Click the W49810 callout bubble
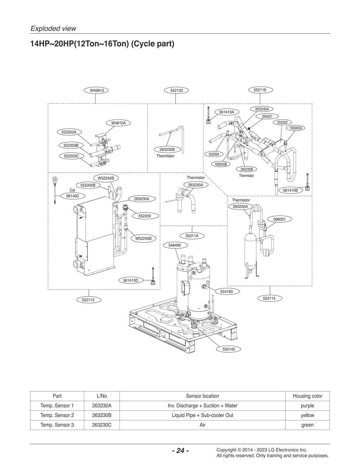(x=97, y=91)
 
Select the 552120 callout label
(x=177, y=91)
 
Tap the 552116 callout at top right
(x=260, y=90)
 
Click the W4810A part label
(x=118, y=123)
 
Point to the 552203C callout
(x=71, y=156)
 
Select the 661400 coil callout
(x=72, y=196)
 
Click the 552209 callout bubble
(x=145, y=216)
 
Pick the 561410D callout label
(x=131, y=280)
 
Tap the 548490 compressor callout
(x=175, y=245)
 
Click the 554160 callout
(x=227, y=292)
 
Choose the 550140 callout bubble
(x=229, y=349)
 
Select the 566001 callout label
(x=279, y=219)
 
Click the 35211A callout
(x=192, y=236)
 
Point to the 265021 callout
(x=267, y=117)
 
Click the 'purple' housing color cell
(x=307, y=406)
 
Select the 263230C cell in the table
(x=102, y=425)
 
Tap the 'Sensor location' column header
(x=202, y=396)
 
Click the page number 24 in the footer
(x=180, y=451)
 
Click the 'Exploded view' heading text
(x=53, y=28)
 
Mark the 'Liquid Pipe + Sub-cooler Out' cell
(x=202, y=415)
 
